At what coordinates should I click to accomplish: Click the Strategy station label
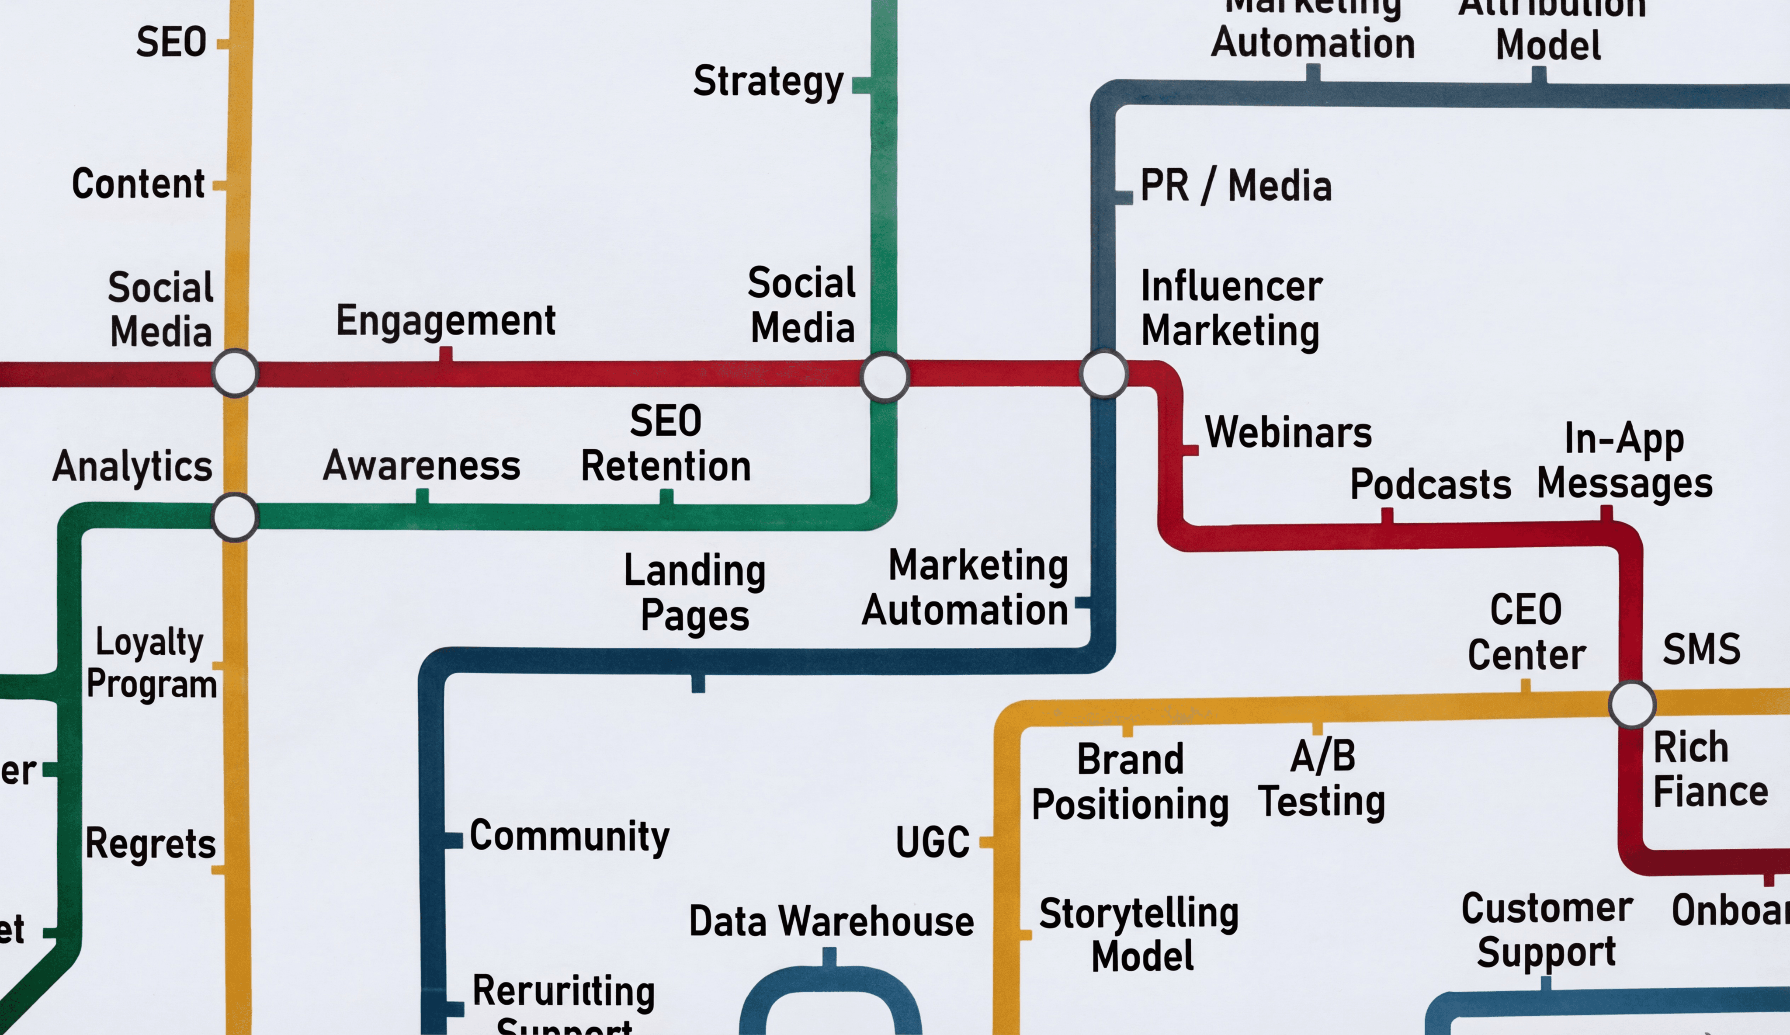(768, 82)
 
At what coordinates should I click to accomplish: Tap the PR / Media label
(1235, 186)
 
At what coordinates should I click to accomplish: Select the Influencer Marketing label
(1231, 309)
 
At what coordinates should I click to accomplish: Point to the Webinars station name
(1288, 433)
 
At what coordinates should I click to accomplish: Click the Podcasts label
(1430, 485)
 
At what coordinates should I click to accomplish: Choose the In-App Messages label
(1624, 462)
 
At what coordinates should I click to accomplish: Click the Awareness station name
(421, 467)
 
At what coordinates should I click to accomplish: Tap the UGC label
(932, 843)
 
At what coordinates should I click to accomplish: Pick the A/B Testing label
(1322, 779)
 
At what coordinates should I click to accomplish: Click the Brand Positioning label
(1130, 782)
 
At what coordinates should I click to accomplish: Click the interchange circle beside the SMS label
(1632, 704)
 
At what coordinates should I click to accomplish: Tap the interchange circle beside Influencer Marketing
(1103, 374)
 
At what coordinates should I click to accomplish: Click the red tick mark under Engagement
(445, 354)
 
